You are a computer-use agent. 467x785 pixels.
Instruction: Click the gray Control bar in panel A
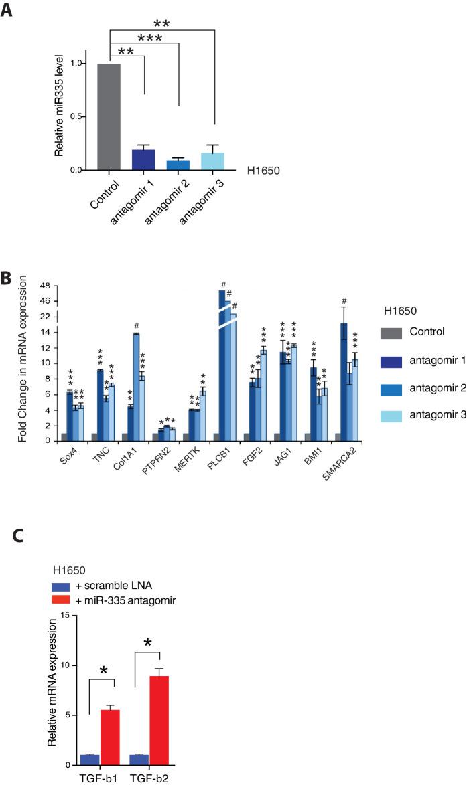(109, 117)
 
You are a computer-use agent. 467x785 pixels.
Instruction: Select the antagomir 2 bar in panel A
(178, 165)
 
